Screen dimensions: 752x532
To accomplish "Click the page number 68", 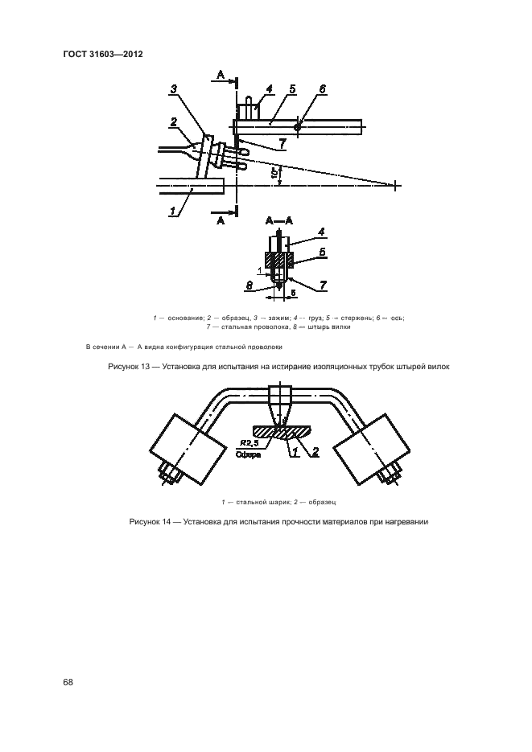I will pos(68,682).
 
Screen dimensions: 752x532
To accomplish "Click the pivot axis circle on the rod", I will pos(298,127).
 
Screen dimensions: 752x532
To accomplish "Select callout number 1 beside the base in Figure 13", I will pos(173,211).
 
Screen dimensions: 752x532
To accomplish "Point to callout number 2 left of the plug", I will pos(173,122).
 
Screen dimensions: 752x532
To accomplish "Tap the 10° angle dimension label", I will pos(274,173).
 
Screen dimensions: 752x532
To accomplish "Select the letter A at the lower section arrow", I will pos(219,221).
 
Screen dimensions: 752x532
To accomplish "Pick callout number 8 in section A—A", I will pos(250,286).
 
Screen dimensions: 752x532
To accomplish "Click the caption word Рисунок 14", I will pos(152,522).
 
